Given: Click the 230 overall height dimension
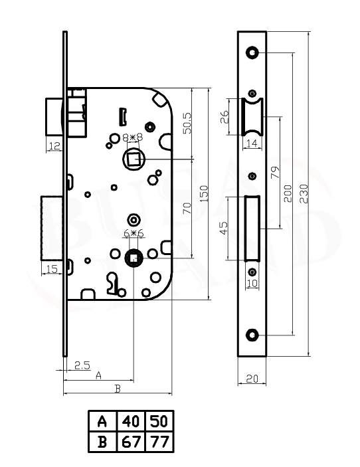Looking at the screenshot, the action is [x=304, y=194].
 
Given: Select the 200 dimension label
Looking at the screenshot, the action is [x=288, y=194].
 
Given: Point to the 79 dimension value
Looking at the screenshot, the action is [x=275, y=173].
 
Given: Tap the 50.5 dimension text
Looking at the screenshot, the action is [x=187, y=123].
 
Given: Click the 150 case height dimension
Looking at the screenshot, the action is [x=204, y=194].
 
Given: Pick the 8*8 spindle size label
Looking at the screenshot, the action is [x=133, y=138].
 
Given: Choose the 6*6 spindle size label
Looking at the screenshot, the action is [x=134, y=233].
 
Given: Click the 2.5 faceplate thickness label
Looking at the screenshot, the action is [x=82, y=365].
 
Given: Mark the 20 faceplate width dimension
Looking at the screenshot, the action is [x=252, y=379].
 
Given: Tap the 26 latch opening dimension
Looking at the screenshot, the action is [x=225, y=117].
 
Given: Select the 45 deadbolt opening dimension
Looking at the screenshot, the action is [x=223, y=228].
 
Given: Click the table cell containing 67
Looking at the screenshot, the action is [x=131, y=442].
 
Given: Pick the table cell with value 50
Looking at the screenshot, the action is [x=159, y=421].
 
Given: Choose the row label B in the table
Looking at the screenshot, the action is [x=102, y=442].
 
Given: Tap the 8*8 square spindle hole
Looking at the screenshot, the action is [x=134, y=159].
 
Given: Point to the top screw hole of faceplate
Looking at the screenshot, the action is [x=252, y=52].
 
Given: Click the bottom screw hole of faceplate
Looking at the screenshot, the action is [x=252, y=335].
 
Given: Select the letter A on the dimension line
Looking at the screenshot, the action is [x=98, y=375].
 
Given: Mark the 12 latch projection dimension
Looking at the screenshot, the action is [x=54, y=146].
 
